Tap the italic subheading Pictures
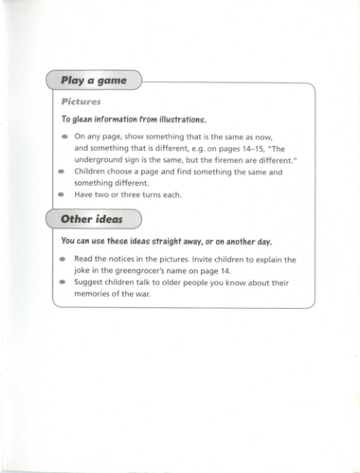point(81,101)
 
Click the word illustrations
point(178,119)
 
